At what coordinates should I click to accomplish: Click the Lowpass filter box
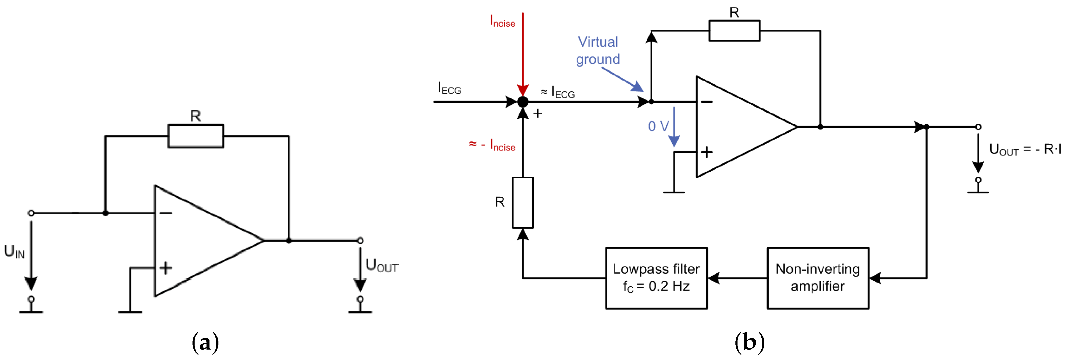pyautogui.click(x=656, y=278)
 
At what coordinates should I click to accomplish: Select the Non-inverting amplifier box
pyautogui.click(x=817, y=278)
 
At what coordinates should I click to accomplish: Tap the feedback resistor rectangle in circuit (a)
pyautogui.click(x=195, y=136)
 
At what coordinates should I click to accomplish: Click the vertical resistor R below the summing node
pyautogui.click(x=523, y=203)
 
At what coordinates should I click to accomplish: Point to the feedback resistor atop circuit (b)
pyautogui.click(x=734, y=31)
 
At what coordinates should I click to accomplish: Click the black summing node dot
pyautogui.click(x=523, y=102)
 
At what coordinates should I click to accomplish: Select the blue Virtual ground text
pyautogui.click(x=598, y=50)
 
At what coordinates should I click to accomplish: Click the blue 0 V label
pyautogui.click(x=658, y=126)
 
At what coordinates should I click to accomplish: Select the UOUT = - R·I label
pyautogui.click(x=1024, y=149)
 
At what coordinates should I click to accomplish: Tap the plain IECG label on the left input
pyautogui.click(x=449, y=88)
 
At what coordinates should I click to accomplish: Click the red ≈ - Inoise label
pyautogui.click(x=492, y=145)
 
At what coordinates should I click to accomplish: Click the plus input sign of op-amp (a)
pyautogui.click(x=165, y=268)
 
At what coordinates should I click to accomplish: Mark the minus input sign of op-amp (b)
pyautogui.click(x=707, y=102)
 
